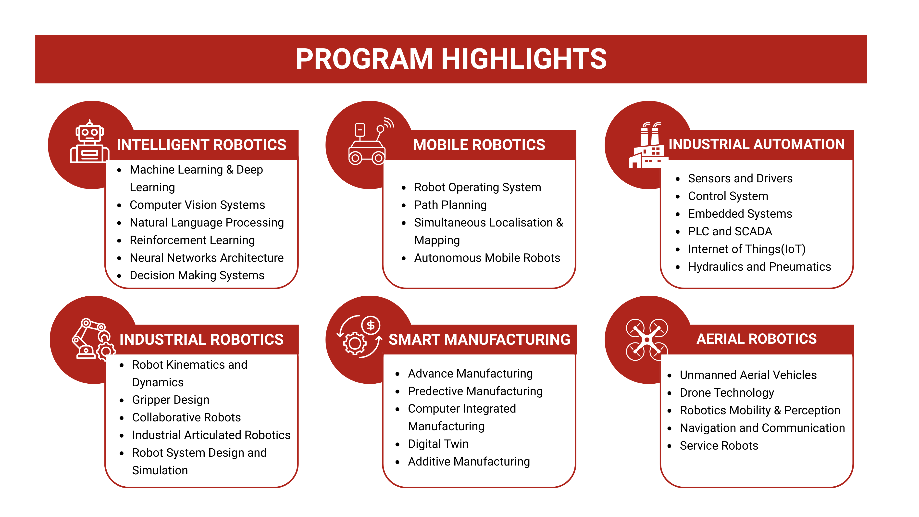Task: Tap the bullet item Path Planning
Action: tap(450, 205)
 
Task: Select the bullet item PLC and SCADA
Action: tap(730, 231)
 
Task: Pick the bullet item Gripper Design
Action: tap(171, 400)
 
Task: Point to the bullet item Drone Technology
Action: tap(727, 392)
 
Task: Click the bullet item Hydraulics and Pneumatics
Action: tap(759, 266)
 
